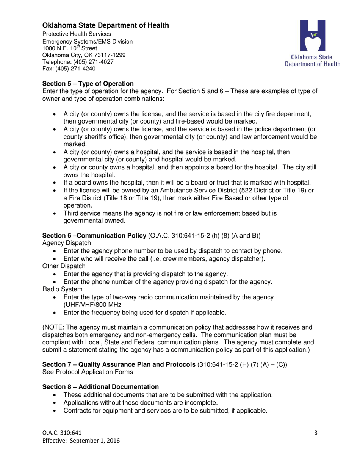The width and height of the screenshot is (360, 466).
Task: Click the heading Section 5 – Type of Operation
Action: click(x=88, y=83)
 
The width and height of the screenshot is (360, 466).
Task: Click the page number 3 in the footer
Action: click(x=316, y=433)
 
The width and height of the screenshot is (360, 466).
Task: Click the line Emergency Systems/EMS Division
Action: click(x=88, y=41)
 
